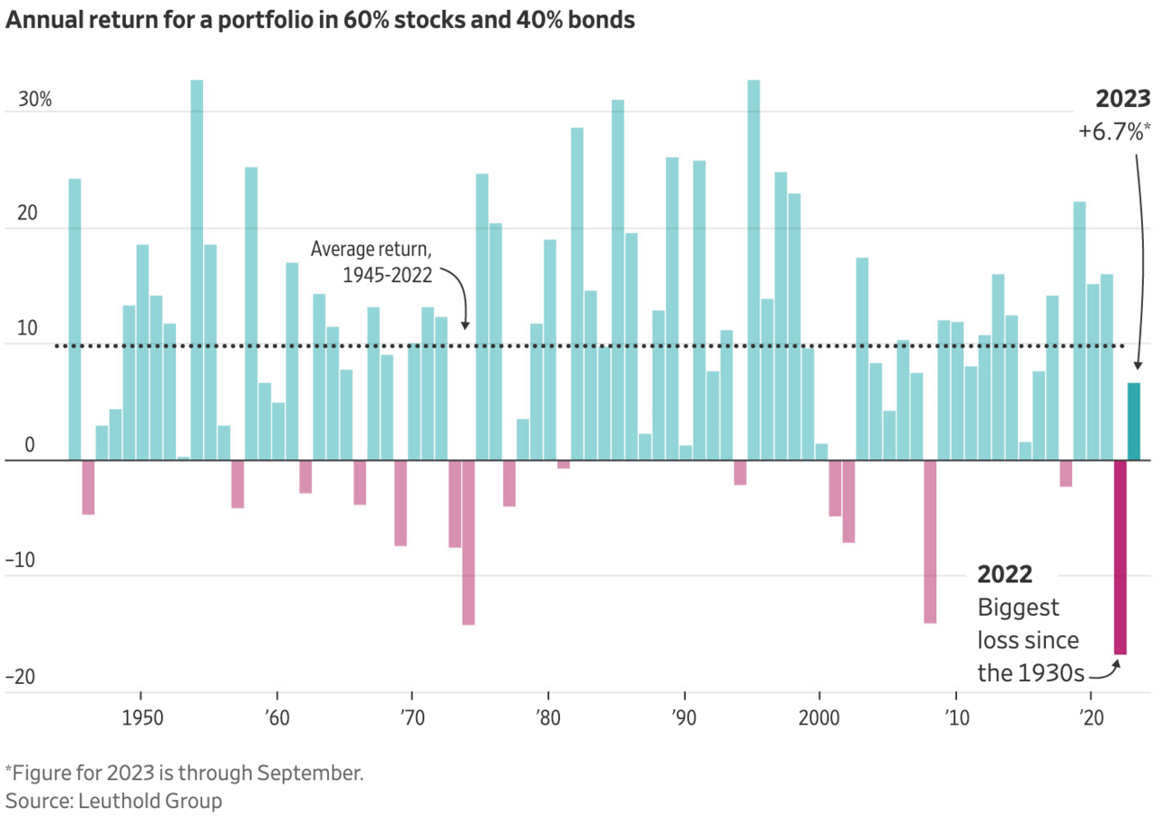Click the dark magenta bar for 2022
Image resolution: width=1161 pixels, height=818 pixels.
point(1120,557)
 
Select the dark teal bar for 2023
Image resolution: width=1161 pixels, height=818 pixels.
point(1134,422)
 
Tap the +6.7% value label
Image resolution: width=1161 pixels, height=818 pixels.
point(1113,132)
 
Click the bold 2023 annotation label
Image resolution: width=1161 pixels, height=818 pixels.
point(1123,99)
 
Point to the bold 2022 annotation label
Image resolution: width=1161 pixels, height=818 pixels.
point(1005,574)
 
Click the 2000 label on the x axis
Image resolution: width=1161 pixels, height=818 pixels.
point(819,722)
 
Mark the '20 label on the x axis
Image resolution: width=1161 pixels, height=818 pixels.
point(1091,722)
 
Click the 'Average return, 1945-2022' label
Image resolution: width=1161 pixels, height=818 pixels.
point(372,262)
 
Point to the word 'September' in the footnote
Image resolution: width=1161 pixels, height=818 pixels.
point(316,773)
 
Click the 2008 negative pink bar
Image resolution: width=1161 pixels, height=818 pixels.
point(929,541)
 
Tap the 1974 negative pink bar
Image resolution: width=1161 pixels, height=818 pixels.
point(468,542)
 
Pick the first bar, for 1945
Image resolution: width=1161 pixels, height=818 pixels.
point(75,319)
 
